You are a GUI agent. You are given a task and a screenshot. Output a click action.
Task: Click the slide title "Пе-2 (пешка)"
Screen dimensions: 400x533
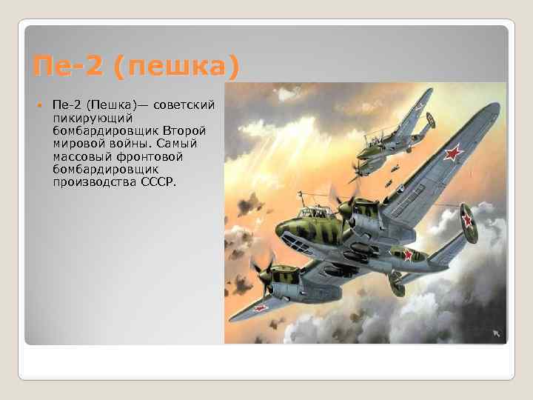[137, 67]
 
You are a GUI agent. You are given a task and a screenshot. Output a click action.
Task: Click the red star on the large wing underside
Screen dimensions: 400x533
[454, 153]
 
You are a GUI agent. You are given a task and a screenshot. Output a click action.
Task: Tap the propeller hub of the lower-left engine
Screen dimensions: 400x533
[264, 272]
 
